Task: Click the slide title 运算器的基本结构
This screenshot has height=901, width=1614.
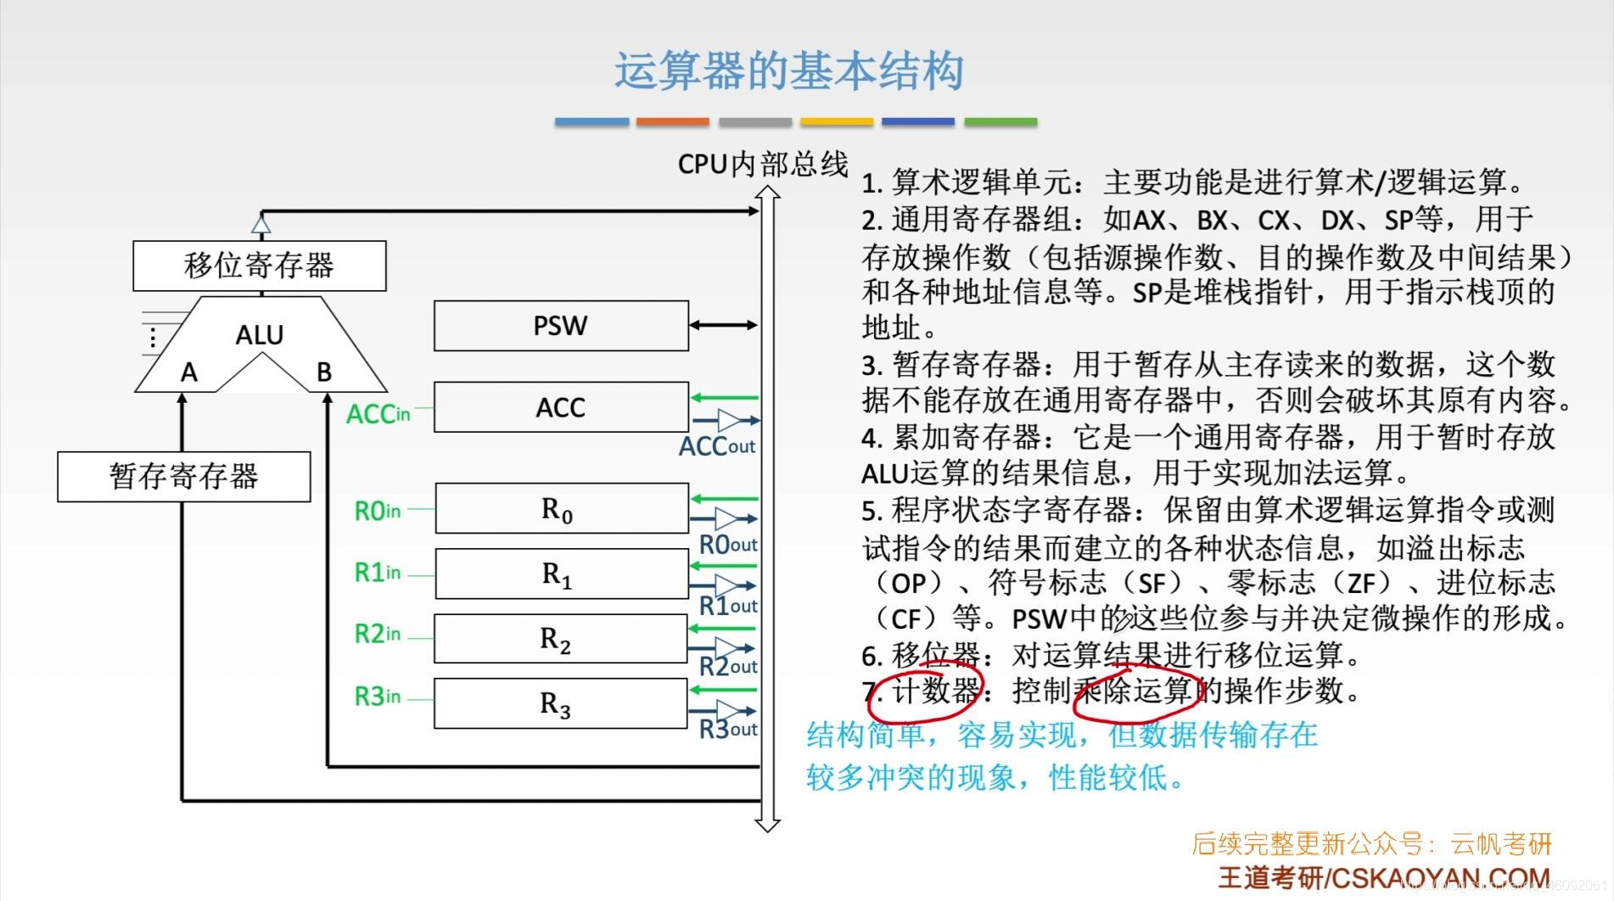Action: tap(788, 71)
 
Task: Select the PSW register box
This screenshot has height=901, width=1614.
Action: tap(561, 326)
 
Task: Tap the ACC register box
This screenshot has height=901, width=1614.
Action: tap(561, 407)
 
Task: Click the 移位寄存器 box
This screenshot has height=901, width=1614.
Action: tap(259, 266)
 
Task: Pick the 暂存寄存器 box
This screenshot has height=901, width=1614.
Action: tap(183, 476)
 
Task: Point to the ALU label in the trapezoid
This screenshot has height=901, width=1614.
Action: tap(259, 335)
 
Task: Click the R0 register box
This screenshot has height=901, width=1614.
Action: tap(561, 509)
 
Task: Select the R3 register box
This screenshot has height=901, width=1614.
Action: tap(560, 703)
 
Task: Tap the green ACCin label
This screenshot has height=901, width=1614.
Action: tap(378, 414)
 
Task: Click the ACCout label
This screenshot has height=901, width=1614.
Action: tap(716, 446)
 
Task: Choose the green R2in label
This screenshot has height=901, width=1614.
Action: tap(377, 634)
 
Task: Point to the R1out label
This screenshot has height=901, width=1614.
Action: tap(727, 606)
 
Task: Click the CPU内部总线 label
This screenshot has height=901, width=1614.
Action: tap(762, 164)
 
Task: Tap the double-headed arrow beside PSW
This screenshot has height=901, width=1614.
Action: tap(723, 325)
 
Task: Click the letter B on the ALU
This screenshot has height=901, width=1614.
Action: tap(323, 372)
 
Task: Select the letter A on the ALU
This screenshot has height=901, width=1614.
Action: tap(188, 372)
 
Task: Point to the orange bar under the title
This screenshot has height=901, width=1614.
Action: tap(672, 122)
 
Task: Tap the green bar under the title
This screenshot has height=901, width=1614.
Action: tap(1000, 122)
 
